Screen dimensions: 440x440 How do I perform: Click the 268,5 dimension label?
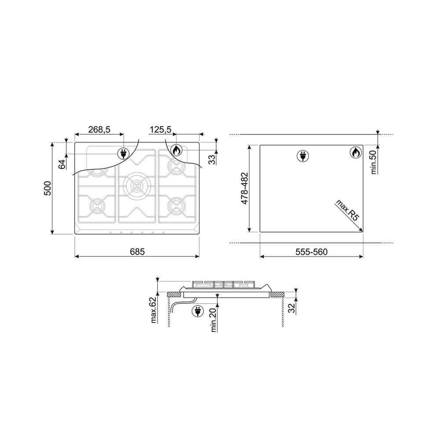tap(99, 129)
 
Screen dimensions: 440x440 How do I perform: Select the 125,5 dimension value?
tap(160, 129)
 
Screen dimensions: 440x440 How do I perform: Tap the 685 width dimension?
tap(137, 252)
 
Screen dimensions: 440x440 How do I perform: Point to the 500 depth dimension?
tap(48, 188)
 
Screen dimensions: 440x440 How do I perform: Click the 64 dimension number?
tap(62, 164)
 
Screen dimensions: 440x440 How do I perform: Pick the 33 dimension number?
tap(213, 159)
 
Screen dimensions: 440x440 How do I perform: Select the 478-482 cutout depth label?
tap(244, 188)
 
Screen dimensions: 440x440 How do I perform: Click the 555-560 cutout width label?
tap(312, 252)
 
